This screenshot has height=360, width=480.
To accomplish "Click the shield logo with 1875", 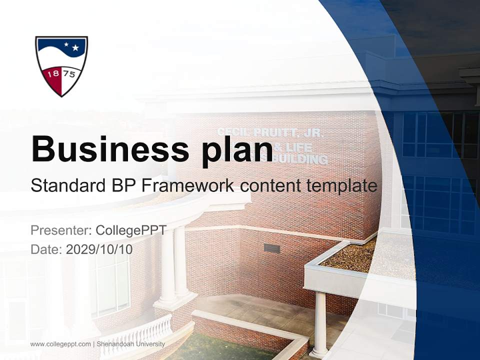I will point(61,65).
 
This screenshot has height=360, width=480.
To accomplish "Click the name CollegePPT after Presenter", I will point(131,230).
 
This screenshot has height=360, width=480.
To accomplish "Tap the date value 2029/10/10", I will point(99,249).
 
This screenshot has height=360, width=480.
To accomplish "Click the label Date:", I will point(46,249).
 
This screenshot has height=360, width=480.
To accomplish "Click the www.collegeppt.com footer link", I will point(60,344).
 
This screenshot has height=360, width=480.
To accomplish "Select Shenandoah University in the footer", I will point(130,344).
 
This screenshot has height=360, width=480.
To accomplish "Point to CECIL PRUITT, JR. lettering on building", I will point(270,133).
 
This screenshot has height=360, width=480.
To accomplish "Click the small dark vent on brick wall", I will point(271,248).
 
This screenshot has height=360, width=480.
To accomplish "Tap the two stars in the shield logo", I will point(71,46).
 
